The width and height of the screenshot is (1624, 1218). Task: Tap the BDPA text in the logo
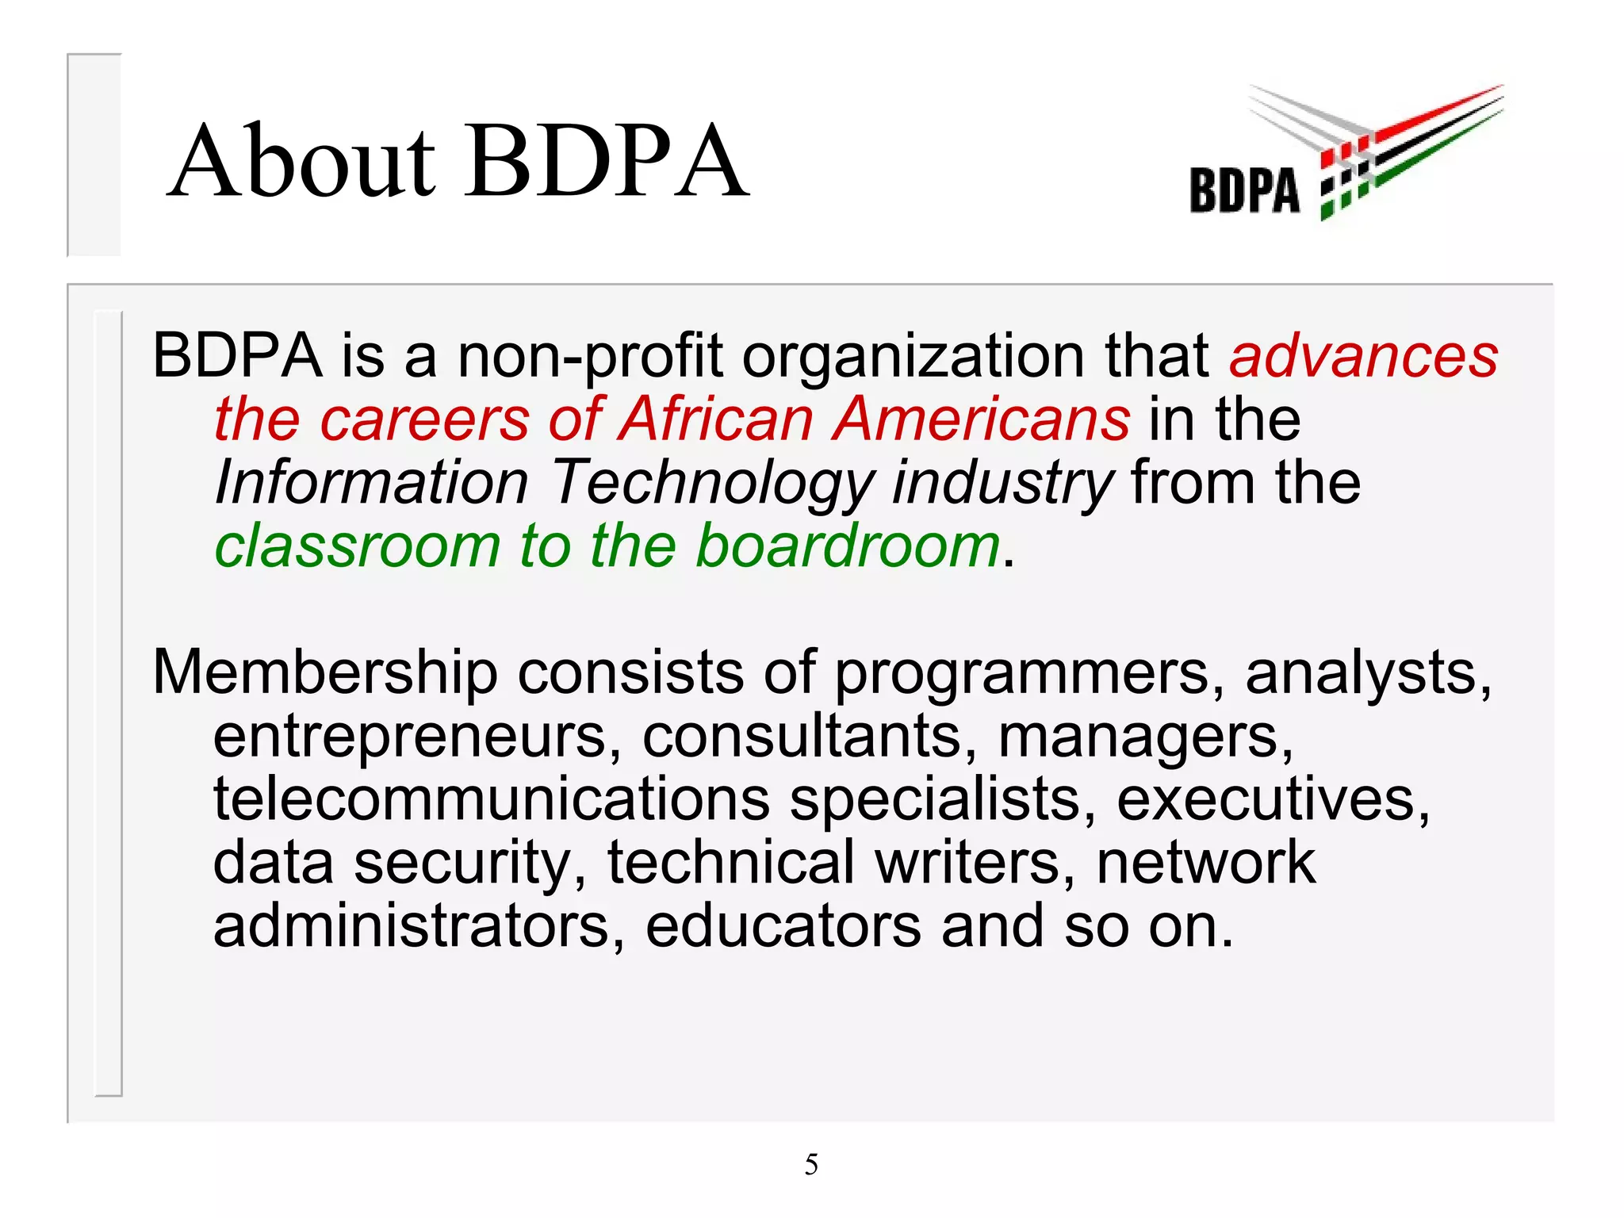[1244, 190]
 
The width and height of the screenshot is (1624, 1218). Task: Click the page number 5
[811, 1164]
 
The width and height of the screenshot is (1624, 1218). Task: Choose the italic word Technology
[712, 484]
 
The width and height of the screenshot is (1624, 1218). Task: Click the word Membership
[325, 673]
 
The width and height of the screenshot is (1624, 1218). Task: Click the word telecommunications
[492, 799]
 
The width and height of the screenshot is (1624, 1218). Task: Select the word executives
[1273, 799]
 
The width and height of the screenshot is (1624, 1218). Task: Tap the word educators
[783, 925]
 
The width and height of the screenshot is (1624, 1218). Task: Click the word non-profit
[590, 357]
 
